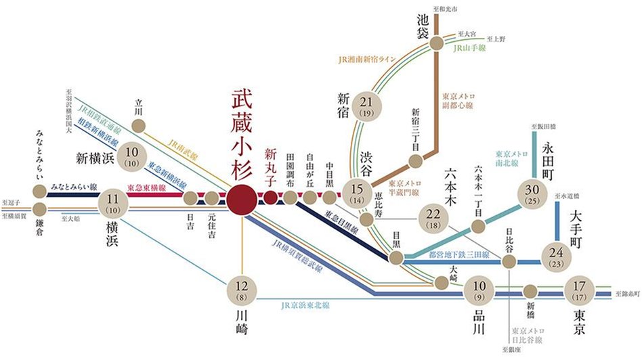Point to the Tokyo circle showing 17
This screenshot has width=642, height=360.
(580, 290)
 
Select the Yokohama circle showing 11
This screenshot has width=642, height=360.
(114, 204)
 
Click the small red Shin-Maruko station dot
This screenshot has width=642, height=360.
(270, 198)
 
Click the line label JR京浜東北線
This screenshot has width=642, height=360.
(304, 305)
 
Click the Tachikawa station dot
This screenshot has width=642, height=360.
(139, 125)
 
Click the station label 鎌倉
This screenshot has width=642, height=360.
(39, 228)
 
